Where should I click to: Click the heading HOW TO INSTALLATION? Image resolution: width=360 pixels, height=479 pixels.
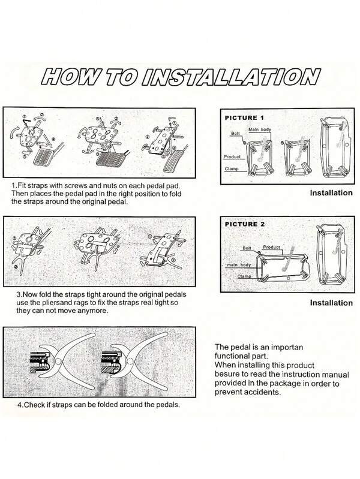181,76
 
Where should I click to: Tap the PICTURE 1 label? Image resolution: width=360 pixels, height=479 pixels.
244,118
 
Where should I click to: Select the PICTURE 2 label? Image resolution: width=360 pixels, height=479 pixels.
245,224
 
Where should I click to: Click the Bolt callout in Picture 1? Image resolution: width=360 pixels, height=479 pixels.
235,134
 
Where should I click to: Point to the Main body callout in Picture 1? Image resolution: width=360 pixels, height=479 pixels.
260,129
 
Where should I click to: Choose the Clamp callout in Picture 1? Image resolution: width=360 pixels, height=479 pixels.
232,168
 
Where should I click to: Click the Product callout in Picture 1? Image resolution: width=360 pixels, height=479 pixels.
232,156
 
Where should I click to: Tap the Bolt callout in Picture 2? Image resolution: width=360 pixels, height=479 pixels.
247,248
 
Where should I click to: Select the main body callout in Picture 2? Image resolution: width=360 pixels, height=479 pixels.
239,265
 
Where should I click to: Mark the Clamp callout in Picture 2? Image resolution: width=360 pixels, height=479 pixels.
244,276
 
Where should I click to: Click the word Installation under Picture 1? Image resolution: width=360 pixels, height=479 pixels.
331,193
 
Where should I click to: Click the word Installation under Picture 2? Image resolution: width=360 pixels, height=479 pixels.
331,303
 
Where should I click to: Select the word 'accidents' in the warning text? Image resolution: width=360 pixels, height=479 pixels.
265,392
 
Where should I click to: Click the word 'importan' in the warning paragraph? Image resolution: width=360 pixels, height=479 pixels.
287,348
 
